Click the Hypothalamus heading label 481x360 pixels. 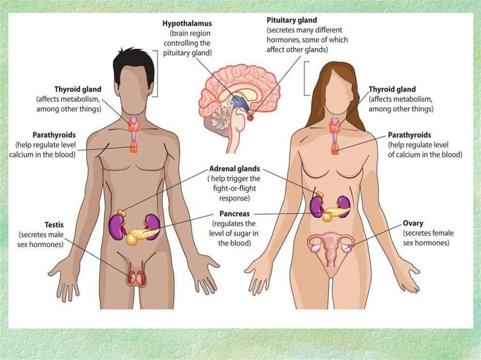(x=187, y=23)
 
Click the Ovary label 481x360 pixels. (x=413, y=223)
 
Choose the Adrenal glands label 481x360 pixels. (x=233, y=169)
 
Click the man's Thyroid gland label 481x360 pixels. (x=78, y=89)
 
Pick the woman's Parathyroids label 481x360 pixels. (x=409, y=134)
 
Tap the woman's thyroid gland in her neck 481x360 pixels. (x=335, y=125)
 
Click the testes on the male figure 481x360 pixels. (x=136, y=278)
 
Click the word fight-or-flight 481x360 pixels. (x=234, y=188)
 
